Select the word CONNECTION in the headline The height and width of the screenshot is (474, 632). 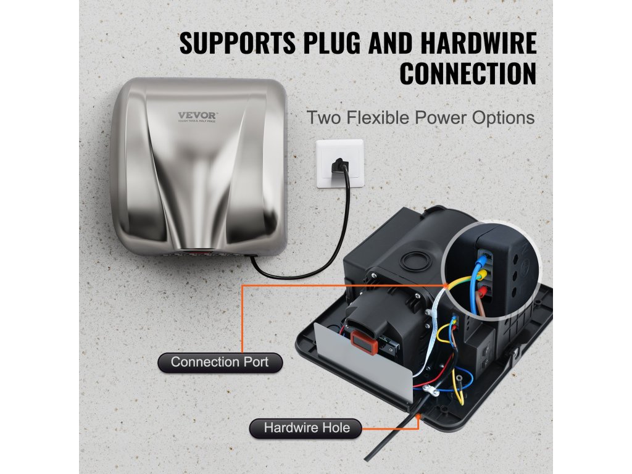coord(467,73)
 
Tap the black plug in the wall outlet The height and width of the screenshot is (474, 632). coord(339,165)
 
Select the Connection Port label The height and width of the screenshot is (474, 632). coord(220,362)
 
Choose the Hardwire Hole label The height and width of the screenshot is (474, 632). coord(306,428)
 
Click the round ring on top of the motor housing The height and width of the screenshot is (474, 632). coord(412,260)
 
